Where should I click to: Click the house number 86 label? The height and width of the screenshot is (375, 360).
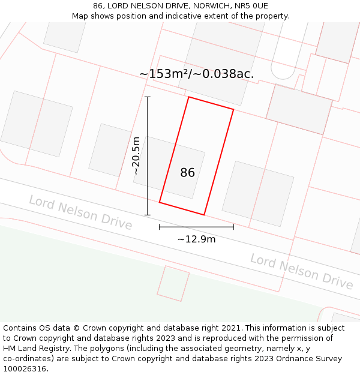tap(187, 173)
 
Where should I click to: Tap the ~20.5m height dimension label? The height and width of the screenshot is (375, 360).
tap(136, 156)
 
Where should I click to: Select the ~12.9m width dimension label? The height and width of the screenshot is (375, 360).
tap(196, 239)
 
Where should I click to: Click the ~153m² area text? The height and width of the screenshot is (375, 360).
tap(163, 74)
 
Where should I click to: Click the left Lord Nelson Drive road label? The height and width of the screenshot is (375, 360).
tap(80, 212)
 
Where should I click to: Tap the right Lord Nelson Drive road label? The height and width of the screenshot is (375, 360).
tap(301, 271)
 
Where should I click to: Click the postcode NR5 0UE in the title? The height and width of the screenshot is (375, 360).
tap(251, 6)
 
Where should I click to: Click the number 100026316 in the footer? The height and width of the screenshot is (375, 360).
tap(25, 369)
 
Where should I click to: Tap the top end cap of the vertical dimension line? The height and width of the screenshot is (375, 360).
tap(148, 97)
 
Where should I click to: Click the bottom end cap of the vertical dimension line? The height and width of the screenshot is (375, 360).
tap(148, 215)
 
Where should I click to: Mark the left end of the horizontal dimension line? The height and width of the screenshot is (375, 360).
tap(160, 227)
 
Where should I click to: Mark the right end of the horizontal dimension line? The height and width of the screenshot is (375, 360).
tap(233, 227)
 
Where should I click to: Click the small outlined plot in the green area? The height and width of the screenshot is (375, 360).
tap(173, 284)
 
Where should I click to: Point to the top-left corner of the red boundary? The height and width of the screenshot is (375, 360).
tap(189, 97)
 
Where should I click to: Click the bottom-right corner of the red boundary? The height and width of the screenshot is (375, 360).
tap(204, 214)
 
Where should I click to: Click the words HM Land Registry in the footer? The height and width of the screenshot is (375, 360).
tap(32, 349)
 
